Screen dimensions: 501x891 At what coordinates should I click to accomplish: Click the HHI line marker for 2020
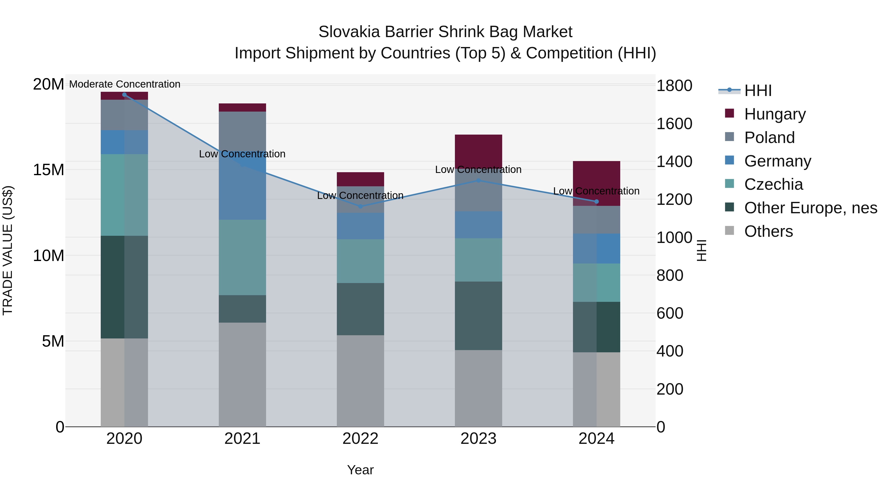tap(124, 95)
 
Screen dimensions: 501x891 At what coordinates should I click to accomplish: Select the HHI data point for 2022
tap(360, 206)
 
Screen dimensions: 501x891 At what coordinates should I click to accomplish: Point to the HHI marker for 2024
tap(596, 202)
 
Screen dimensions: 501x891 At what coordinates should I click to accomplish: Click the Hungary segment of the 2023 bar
tap(478, 151)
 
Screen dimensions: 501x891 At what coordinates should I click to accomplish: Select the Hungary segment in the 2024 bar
tap(596, 176)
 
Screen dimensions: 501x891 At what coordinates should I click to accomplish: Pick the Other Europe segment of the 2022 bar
tap(360, 309)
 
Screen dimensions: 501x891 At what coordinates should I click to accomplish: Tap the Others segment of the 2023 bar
tap(478, 388)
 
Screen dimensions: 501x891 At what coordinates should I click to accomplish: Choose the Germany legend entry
tap(777, 161)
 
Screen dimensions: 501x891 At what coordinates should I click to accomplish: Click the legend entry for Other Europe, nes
tap(810, 208)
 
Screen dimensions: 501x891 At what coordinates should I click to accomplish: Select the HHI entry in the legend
tap(758, 91)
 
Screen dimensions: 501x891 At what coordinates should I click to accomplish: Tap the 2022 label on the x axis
tap(360, 439)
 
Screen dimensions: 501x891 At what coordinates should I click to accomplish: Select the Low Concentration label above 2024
tap(596, 191)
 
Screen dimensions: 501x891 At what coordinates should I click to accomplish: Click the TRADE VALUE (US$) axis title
tap(8, 250)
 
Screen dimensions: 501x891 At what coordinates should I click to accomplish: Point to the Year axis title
tap(360, 470)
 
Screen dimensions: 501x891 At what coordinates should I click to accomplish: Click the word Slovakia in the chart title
tap(349, 32)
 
